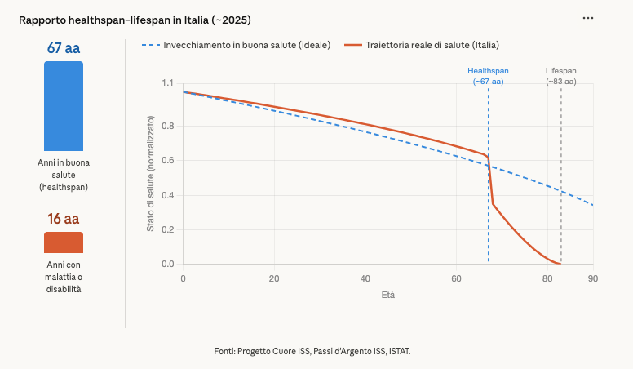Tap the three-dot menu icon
coord(588,18)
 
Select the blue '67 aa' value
coord(64,48)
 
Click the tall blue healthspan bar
coord(64,106)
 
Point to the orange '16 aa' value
coord(64,219)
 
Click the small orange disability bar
coord(64,242)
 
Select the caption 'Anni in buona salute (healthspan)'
coord(64,175)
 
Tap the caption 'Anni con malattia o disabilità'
coord(64,277)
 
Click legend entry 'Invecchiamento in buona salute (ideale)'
coord(236,45)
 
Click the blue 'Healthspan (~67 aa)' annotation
coord(488,76)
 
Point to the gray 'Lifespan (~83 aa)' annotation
coord(560,76)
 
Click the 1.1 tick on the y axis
coord(167,83)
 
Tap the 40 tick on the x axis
coord(365,278)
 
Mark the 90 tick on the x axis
coord(592,278)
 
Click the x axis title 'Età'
coord(387,295)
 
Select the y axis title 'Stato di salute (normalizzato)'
coord(150,174)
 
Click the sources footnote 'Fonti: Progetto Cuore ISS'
coord(312,351)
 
